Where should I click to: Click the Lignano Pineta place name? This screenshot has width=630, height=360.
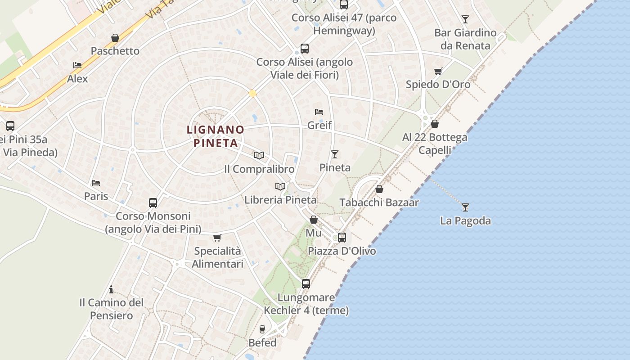pyautogui.click(x=216, y=136)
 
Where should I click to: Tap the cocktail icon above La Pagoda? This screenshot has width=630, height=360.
pyautogui.click(x=465, y=207)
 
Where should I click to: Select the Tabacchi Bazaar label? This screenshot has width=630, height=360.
pyautogui.click(x=379, y=202)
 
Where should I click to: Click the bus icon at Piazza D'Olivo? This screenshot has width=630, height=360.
pyautogui.click(x=342, y=237)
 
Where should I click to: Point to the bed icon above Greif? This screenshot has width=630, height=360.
pyautogui.click(x=319, y=112)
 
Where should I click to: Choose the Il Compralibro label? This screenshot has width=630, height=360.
pyautogui.click(x=259, y=169)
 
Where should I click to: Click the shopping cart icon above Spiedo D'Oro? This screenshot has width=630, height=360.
pyautogui.click(x=438, y=71)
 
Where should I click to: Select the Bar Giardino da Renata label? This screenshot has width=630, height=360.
pyautogui.click(x=465, y=39)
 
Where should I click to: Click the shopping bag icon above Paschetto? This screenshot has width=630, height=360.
pyautogui.click(x=115, y=38)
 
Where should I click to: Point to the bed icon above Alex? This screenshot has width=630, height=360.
pyautogui.click(x=77, y=65)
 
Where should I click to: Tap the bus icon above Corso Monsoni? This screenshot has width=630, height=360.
pyautogui.click(x=153, y=203)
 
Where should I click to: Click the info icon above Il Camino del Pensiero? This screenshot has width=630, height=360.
pyautogui.click(x=111, y=289)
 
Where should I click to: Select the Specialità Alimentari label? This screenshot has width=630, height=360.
pyautogui.click(x=217, y=257)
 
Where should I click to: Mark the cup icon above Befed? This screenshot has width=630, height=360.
pyautogui.click(x=262, y=329)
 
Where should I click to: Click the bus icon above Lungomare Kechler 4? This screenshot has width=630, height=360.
pyautogui.click(x=306, y=284)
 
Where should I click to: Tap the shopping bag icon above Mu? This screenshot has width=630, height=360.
pyautogui.click(x=314, y=220)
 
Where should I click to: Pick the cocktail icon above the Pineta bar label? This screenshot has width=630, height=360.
pyautogui.click(x=335, y=154)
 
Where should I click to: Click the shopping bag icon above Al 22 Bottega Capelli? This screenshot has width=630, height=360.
pyautogui.click(x=435, y=124)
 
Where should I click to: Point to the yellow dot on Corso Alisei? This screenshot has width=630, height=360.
pyautogui.click(x=253, y=93)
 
